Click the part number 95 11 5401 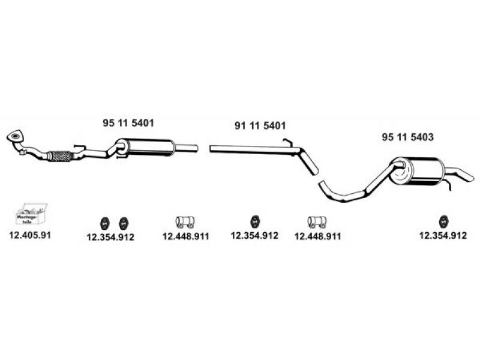[128, 123]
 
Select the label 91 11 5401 [259, 126]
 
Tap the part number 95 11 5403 [407, 137]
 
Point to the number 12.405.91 [30, 235]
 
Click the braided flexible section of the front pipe [59, 156]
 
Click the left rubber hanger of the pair [103, 222]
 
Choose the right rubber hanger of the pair [124, 222]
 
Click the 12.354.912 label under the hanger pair [110, 237]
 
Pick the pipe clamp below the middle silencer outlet [185, 222]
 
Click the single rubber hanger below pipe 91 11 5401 [254, 221]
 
